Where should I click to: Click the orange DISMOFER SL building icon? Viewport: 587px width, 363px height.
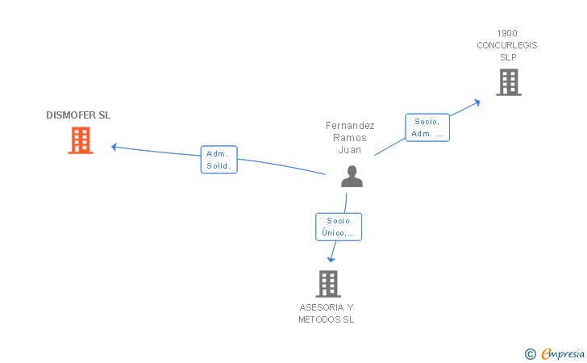[x=81, y=140]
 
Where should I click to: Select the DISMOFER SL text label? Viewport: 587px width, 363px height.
[x=78, y=115]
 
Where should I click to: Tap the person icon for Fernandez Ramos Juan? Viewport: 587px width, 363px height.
[x=352, y=176]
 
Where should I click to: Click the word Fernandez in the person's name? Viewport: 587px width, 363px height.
[x=350, y=126]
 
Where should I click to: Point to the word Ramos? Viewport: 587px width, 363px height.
[x=350, y=138]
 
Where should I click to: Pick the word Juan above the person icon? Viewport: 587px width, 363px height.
[x=350, y=150]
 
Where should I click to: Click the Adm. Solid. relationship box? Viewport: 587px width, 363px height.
[x=219, y=160]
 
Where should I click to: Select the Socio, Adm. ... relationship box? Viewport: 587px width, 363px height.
[x=427, y=127]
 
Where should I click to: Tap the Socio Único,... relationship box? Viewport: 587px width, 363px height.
[x=339, y=227]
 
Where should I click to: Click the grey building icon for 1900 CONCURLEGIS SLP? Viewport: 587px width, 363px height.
[x=508, y=82]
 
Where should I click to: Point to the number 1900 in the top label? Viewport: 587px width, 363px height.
[x=507, y=33]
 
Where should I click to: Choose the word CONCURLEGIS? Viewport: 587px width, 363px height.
[x=507, y=45]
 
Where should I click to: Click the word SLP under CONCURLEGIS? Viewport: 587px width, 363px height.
[x=507, y=57]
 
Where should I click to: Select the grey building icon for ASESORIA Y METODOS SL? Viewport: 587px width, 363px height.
[x=327, y=284]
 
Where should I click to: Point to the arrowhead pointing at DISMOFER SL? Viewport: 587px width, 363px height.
[x=114, y=147]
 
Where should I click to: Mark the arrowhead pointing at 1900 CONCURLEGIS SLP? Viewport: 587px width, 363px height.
[x=477, y=102]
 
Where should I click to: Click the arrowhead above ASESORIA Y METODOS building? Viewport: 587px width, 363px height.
[x=331, y=258]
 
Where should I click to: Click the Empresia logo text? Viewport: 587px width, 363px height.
[x=563, y=353]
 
